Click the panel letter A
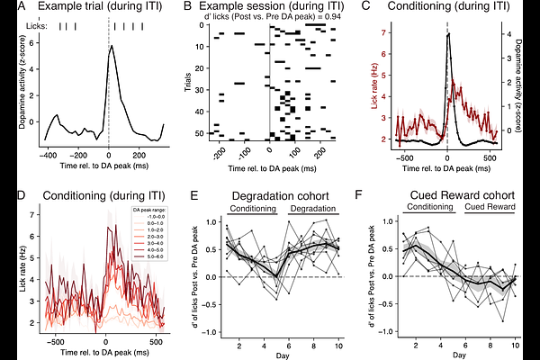coord(8,8)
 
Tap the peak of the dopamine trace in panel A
coord(109,48)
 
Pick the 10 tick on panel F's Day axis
coord(514,344)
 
